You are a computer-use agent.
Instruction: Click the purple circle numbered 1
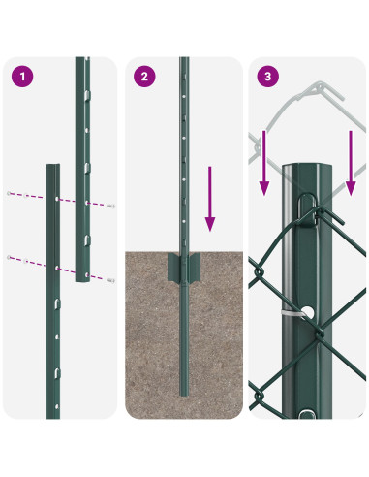click(19, 76)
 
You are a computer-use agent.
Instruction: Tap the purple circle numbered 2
click(144, 76)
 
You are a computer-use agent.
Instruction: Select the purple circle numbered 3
click(266, 76)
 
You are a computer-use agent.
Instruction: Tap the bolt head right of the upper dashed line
click(111, 205)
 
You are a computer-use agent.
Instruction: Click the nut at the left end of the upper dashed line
click(9, 194)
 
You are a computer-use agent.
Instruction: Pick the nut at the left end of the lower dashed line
click(9, 257)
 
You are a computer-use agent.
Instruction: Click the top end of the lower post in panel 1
click(53, 166)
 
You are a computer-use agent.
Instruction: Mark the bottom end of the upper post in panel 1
click(83, 279)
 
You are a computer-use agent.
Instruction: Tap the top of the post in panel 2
click(184, 60)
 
